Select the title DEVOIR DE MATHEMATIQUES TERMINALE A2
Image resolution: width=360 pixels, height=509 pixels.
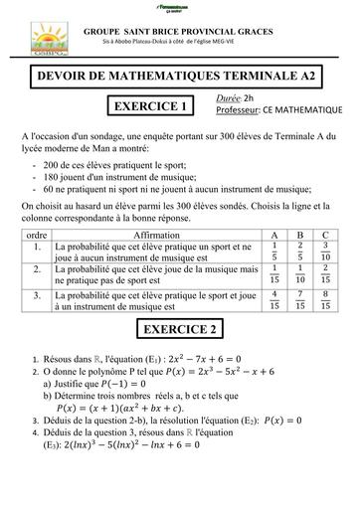(180, 76)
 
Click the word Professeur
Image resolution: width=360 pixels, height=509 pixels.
(238, 109)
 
